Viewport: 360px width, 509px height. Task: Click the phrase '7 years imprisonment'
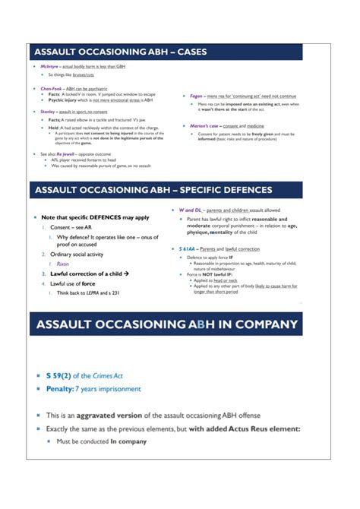coord(114,389)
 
